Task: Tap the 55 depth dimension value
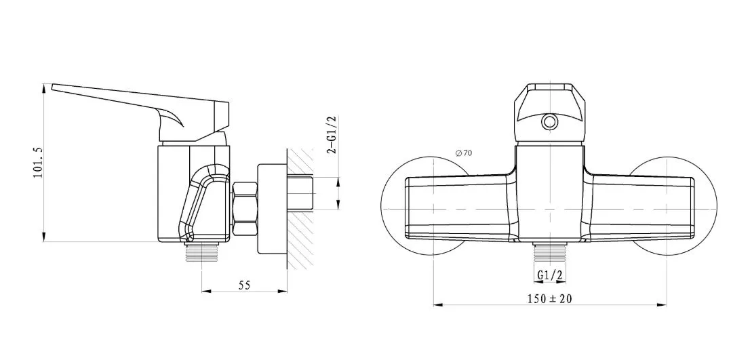[244, 285]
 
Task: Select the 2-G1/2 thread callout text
[332, 136]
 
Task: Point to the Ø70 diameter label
[464, 154]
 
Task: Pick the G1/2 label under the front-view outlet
[549, 275]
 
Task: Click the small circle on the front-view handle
[549, 122]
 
